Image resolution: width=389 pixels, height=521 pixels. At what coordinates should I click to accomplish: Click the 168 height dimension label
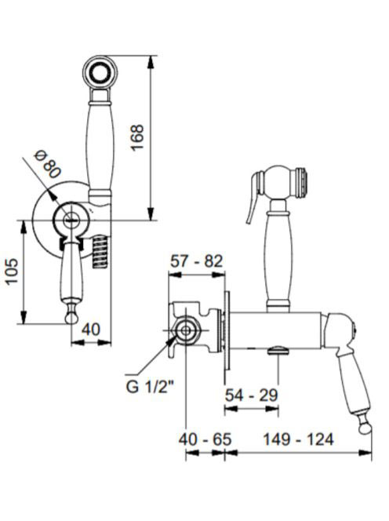point(137,137)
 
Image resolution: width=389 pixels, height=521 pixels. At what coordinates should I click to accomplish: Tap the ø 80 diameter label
point(48,164)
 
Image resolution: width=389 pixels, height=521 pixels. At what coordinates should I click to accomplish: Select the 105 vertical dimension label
point(13,271)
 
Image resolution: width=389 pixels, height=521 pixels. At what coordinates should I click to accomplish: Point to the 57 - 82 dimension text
point(196,261)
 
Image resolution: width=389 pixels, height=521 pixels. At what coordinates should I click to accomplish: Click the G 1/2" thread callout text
point(150,386)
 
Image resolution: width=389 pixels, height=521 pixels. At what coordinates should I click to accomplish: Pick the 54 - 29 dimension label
point(251,395)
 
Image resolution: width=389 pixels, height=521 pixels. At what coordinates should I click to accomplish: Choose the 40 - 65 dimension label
point(205,439)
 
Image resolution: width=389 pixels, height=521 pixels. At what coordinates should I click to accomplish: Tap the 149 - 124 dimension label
point(298,439)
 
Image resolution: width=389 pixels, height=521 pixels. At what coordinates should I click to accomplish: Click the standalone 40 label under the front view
point(91,330)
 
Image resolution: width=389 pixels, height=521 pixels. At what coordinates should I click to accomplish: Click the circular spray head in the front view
point(100,71)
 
